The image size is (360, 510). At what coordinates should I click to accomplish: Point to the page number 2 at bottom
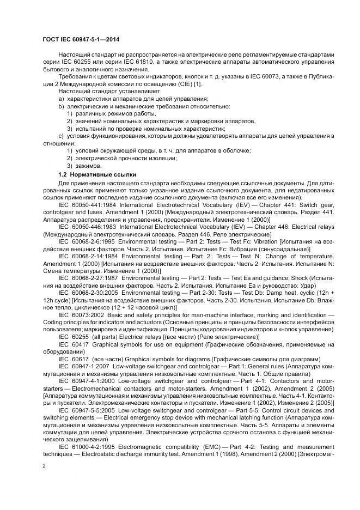click(x=44, y=466)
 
